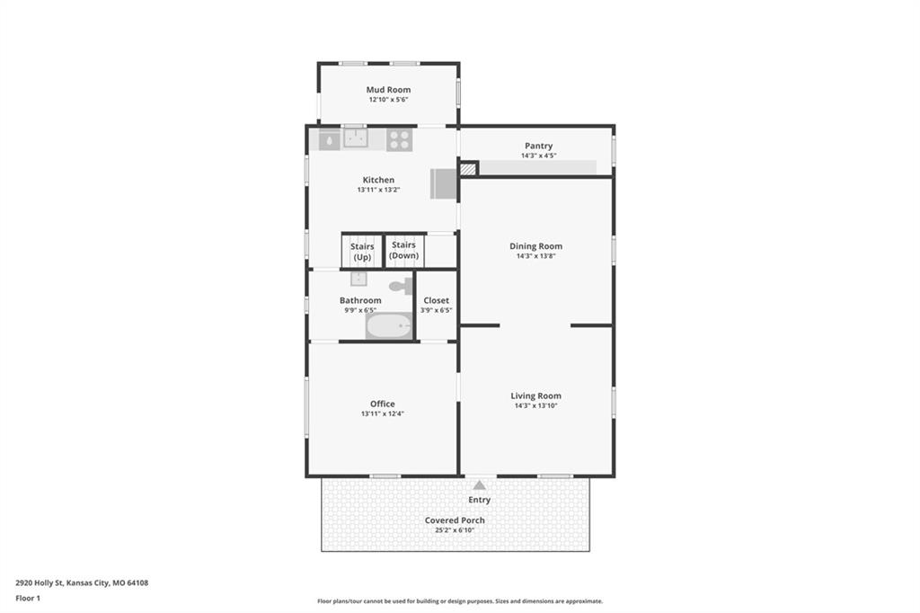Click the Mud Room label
(x=388, y=90)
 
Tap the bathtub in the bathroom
(x=388, y=326)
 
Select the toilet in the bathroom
(x=402, y=287)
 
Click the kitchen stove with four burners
(x=399, y=139)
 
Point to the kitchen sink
(x=356, y=138)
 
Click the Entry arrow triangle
(x=480, y=485)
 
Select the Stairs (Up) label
(x=362, y=252)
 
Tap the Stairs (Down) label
(x=403, y=250)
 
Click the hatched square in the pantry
(x=467, y=169)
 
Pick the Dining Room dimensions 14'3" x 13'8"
(x=535, y=256)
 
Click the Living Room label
(x=535, y=395)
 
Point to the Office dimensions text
(x=383, y=413)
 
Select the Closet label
(x=436, y=300)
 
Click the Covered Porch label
(x=455, y=520)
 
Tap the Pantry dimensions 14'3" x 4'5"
(x=539, y=155)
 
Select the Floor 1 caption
(x=28, y=599)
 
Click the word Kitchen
(x=378, y=180)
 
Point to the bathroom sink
(x=358, y=279)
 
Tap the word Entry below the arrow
(x=480, y=500)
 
